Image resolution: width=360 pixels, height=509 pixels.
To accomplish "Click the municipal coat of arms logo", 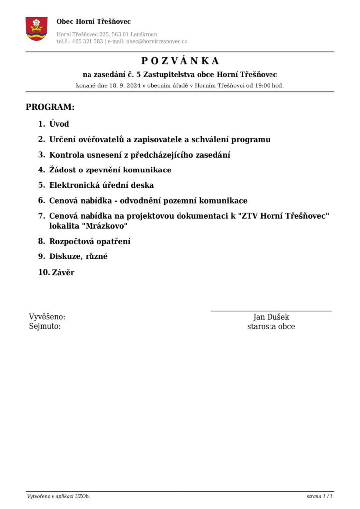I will coord(36,29).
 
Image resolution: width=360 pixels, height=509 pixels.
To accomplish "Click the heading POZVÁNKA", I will coord(180,61).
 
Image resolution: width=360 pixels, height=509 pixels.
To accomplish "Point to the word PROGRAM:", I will coord(50,107).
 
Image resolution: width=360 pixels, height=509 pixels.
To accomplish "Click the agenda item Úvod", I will coord(59,124).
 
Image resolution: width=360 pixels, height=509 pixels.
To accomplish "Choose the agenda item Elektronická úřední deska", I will coord(101,185).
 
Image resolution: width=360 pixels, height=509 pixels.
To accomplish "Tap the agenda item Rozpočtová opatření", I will coord(90,242).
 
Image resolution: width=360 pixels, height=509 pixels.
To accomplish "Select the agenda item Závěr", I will coord(63,272).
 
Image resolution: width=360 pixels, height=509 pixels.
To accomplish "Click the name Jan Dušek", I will coord(271,317).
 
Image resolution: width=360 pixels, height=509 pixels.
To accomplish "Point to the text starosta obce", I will coord(271,327).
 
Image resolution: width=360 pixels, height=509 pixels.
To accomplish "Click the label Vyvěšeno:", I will coord(47,317).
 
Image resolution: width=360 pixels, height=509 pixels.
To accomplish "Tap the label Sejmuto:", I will coord(45,327).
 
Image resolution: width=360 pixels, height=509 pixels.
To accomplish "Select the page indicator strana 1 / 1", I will coord(319,497).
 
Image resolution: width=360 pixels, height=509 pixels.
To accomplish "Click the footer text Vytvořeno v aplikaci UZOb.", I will coord(58,497).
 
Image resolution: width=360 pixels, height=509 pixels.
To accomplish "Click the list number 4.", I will coord(42,170).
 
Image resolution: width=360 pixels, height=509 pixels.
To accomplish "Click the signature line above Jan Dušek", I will coord(271,311).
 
